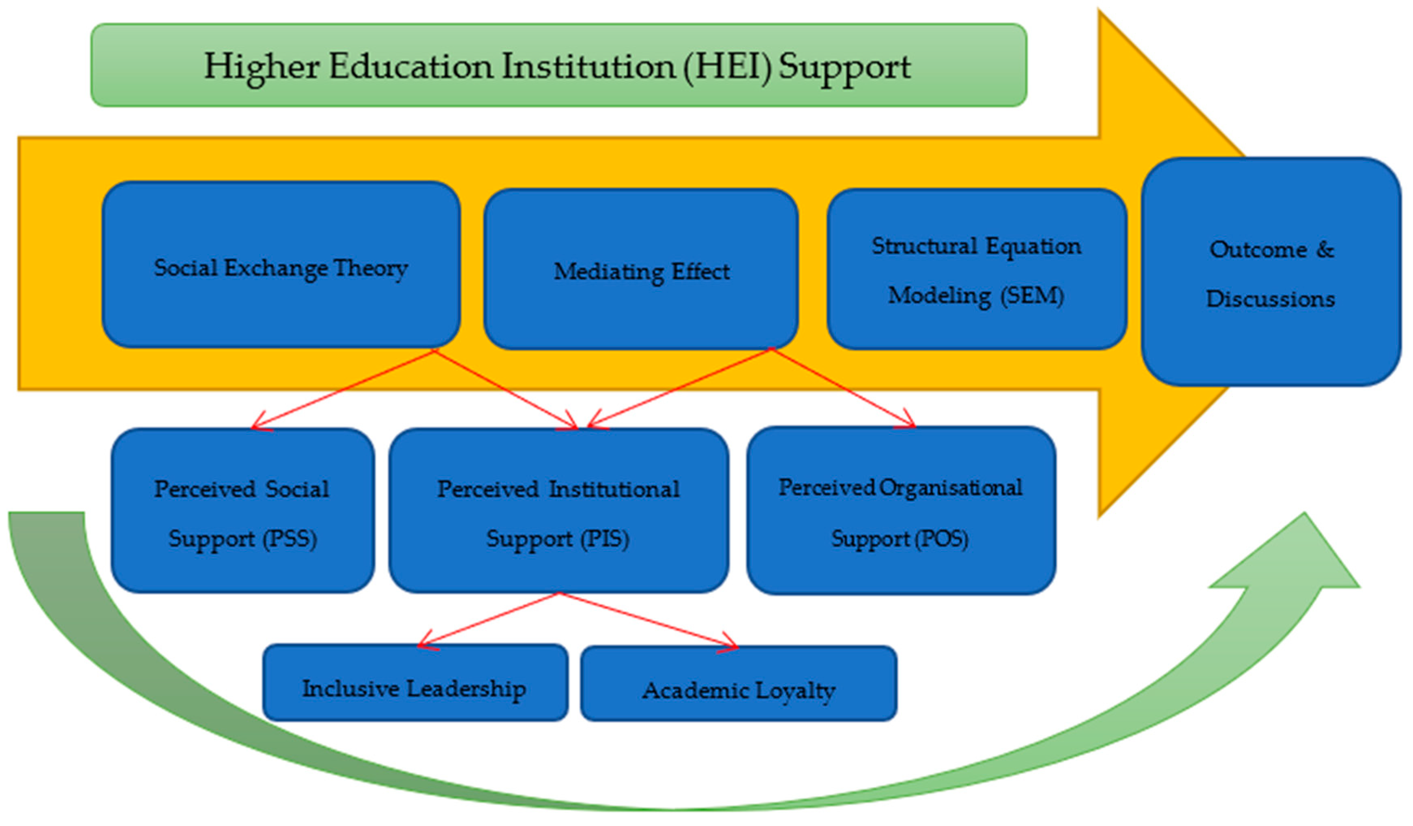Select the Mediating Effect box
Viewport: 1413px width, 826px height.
641,269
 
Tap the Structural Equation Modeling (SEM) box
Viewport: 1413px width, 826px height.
976,269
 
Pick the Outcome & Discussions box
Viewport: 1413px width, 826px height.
1271,272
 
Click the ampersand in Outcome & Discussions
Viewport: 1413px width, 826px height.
1325,250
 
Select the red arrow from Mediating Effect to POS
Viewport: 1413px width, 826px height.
844,388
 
